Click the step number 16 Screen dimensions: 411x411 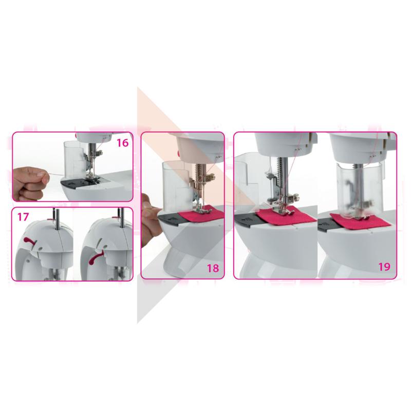pos(122,143)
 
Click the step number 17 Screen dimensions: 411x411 pos(23,217)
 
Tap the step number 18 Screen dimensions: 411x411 pos(213,268)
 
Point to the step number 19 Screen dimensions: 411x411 pos(384,267)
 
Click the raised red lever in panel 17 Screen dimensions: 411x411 pos(30,241)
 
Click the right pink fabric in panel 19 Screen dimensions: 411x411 pos(361,220)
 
